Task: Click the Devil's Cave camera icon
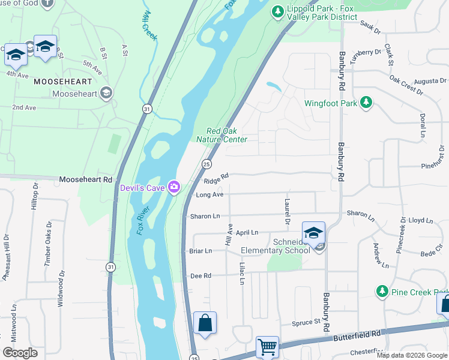[x=174, y=188]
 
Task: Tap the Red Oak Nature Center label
[x=222, y=135]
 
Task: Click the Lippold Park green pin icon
[x=277, y=12]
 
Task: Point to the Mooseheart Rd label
[x=85, y=179]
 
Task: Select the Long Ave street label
[x=209, y=195]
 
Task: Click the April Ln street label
[x=247, y=232]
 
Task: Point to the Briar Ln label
[x=200, y=251]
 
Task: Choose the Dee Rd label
[x=200, y=276]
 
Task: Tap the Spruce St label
[x=306, y=323]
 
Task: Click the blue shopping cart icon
[x=267, y=347]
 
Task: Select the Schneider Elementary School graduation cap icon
[x=313, y=233]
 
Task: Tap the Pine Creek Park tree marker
[x=382, y=292]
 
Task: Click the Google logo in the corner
[x=20, y=353]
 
